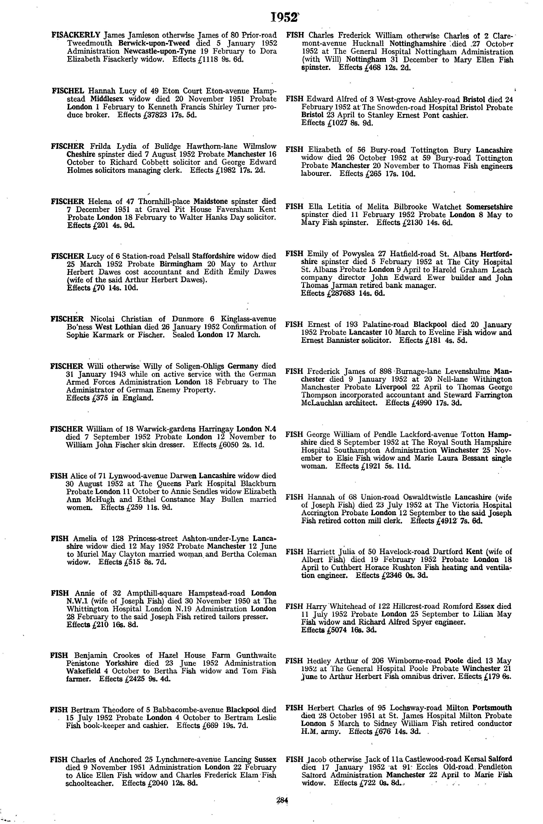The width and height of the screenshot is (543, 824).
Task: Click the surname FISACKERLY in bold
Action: pos(76,35)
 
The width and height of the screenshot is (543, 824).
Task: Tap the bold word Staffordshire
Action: pos(213,256)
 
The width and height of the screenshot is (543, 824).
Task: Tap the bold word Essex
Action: pos(484,606)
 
